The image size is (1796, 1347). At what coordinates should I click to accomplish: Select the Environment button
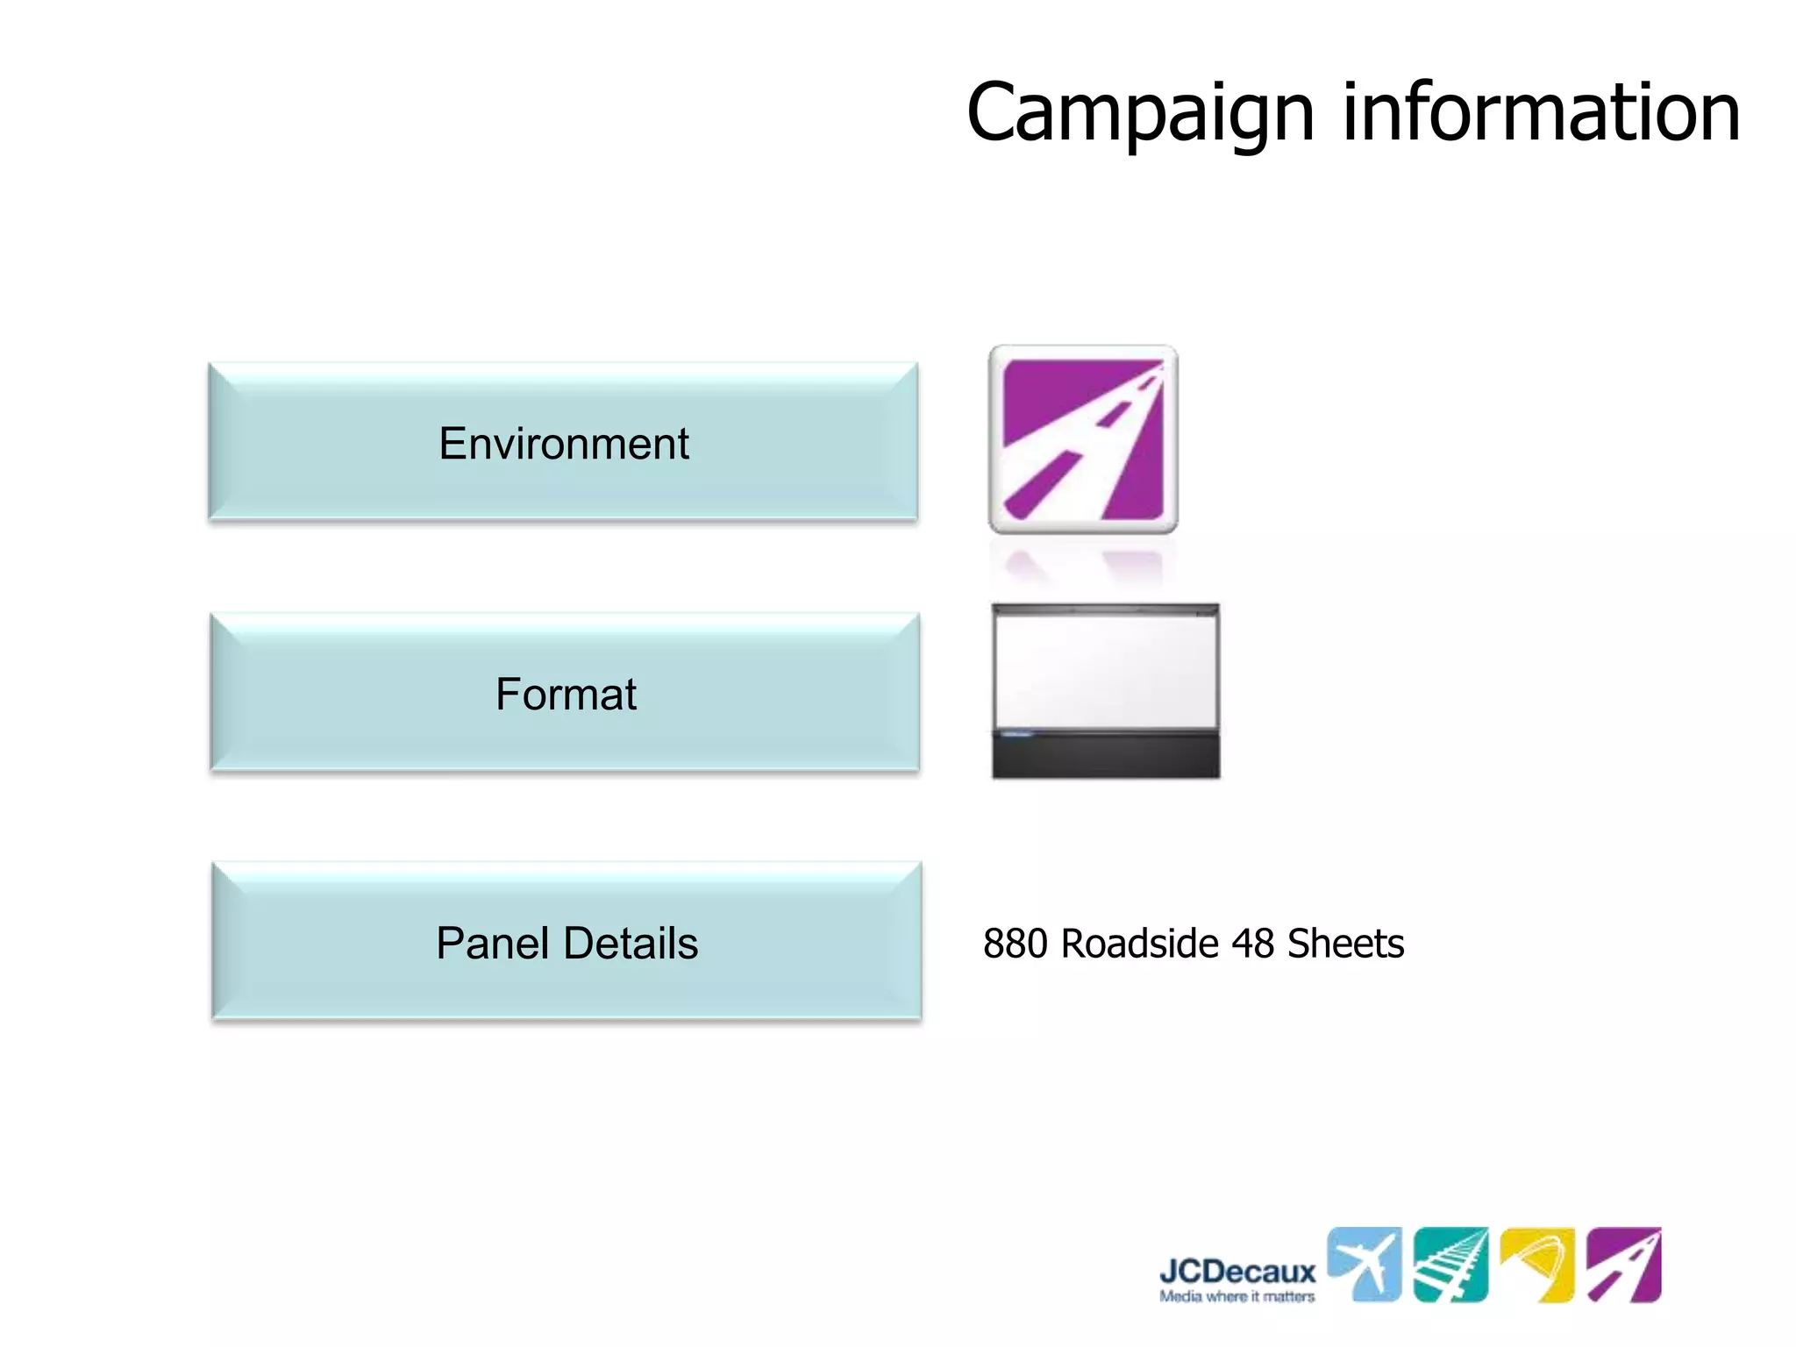(x=563, y=443)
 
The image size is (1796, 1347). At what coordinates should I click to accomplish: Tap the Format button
(x=565, y=694)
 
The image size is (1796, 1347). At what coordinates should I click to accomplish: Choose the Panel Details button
(x=567, y=943)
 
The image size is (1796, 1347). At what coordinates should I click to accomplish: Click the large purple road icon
(x=1083, y=439)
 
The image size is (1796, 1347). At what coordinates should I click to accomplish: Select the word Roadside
(x=1140, y=944)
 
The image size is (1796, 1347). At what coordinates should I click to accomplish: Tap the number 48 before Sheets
(x=1252, y=944)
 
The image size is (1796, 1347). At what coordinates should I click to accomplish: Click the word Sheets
(x=1345, y=944)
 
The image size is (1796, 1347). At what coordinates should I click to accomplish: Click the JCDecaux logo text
(x=1237, y=1271)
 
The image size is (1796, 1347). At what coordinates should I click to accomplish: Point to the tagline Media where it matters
(x=1237, y=1296)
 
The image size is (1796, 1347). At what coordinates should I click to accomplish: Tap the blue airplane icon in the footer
(x=1364, y=1264)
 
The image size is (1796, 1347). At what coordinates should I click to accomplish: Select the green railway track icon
(x=1450, y=1264)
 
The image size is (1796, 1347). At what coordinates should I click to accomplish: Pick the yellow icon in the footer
(x=1537, y=1264)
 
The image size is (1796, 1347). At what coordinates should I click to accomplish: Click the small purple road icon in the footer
(x=1624, y=1264)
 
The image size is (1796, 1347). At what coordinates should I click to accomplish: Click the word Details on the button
(x=631, y=943)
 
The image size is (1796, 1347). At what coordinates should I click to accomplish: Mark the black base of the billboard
(x=1106, y=756)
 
